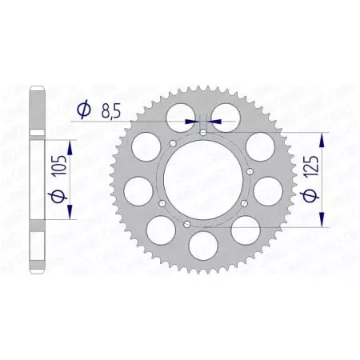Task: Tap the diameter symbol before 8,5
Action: pyautogui.click(x=82, y=111)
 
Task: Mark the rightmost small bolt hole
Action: pyautogui.click(x=250, y=171)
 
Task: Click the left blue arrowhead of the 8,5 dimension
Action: pyautogui.click(x=191, y=121)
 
